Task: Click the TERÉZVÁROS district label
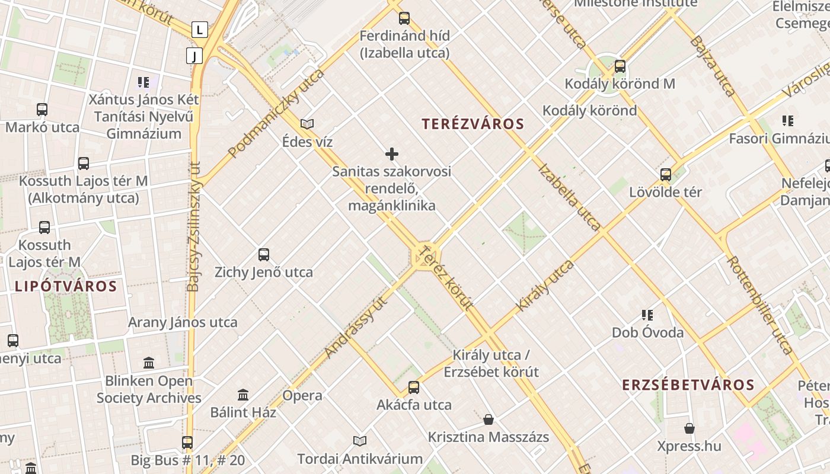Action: click(473, 124)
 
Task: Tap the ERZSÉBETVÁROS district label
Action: click(688, 385)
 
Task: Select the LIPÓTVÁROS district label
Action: click(65, 287)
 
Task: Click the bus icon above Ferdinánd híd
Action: click(404, 18)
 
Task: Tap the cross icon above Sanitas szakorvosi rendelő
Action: click(392, 154)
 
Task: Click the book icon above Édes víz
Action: click(307, 124)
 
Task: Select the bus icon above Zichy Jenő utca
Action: click(264, 255)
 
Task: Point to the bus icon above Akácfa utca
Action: click(414, 387)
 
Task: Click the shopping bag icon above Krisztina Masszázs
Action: click(489, 419)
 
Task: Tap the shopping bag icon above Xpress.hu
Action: click(689, 428)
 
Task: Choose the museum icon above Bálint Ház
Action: click(243, 395)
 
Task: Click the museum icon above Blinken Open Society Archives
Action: click(149, 363)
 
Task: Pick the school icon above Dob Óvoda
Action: click(647, 315)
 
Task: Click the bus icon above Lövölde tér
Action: click(666, 174)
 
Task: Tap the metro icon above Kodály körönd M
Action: click(620, 66)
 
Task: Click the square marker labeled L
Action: click(200, 29)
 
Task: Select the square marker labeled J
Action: click(194, 56)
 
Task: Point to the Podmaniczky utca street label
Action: click(276, 113)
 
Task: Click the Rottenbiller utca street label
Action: click(760, 305)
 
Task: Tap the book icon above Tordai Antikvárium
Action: click(360, 441)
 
